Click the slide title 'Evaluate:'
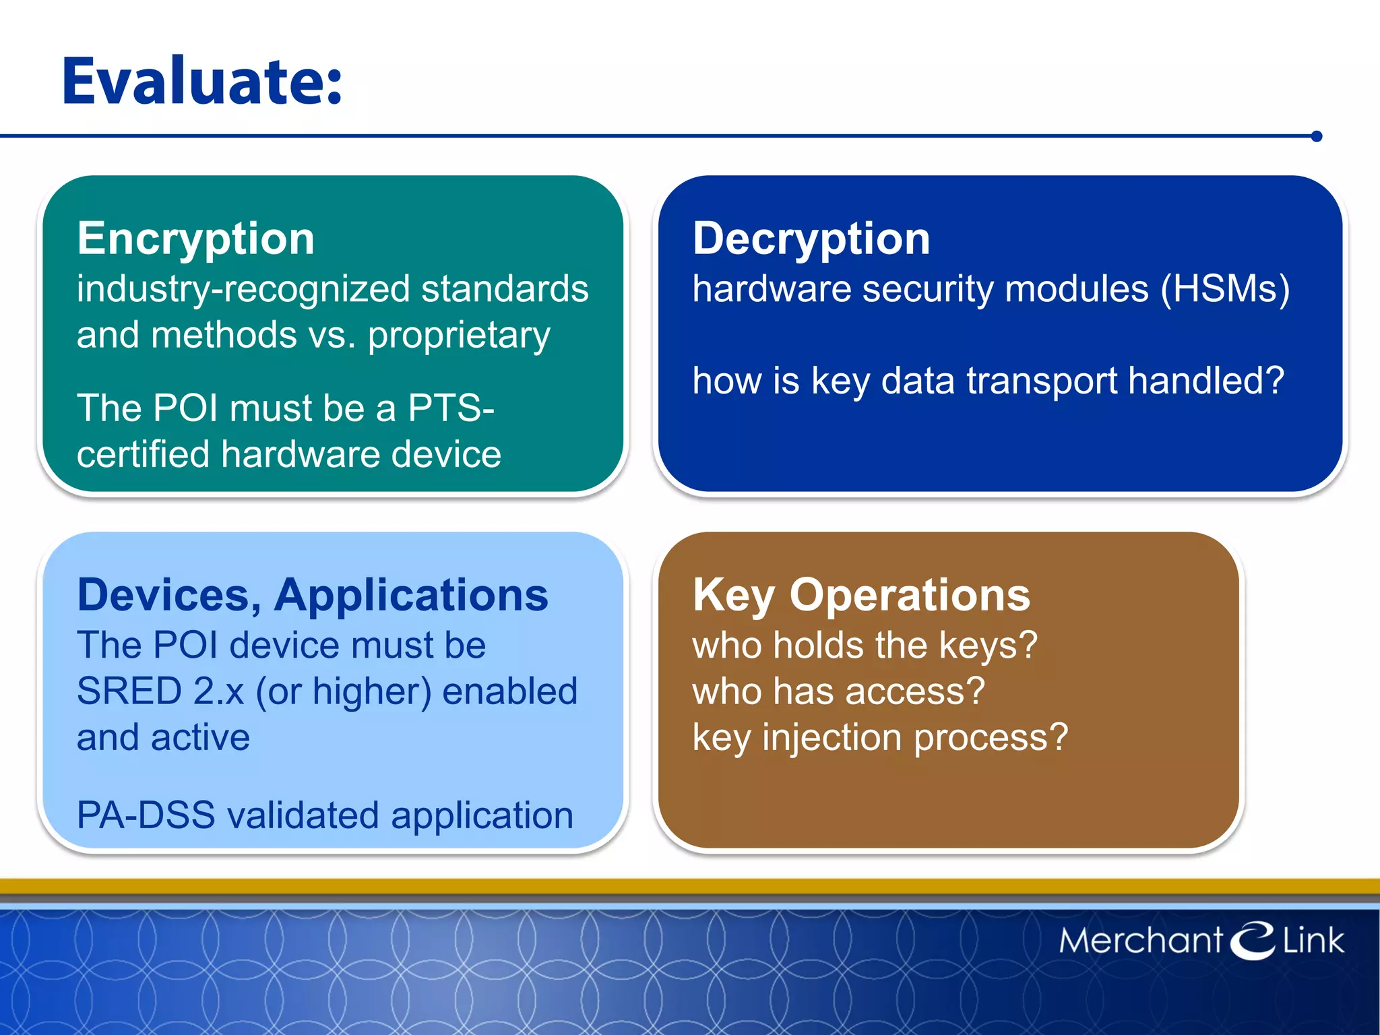[202, 82]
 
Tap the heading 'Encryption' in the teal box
[195, 239]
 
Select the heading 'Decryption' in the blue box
[811, 239]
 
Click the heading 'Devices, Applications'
[313, 596]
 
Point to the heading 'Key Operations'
[861, 596]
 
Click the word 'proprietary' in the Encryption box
[459, 336]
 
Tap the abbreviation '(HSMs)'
[1225, 289]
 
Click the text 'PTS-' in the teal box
[451, 408]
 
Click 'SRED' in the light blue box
[129, 691]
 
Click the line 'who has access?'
[838, 691]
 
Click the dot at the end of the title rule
[1317, 137]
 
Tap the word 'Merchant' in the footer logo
[1140, 941]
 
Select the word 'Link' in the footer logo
[1313, 941]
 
